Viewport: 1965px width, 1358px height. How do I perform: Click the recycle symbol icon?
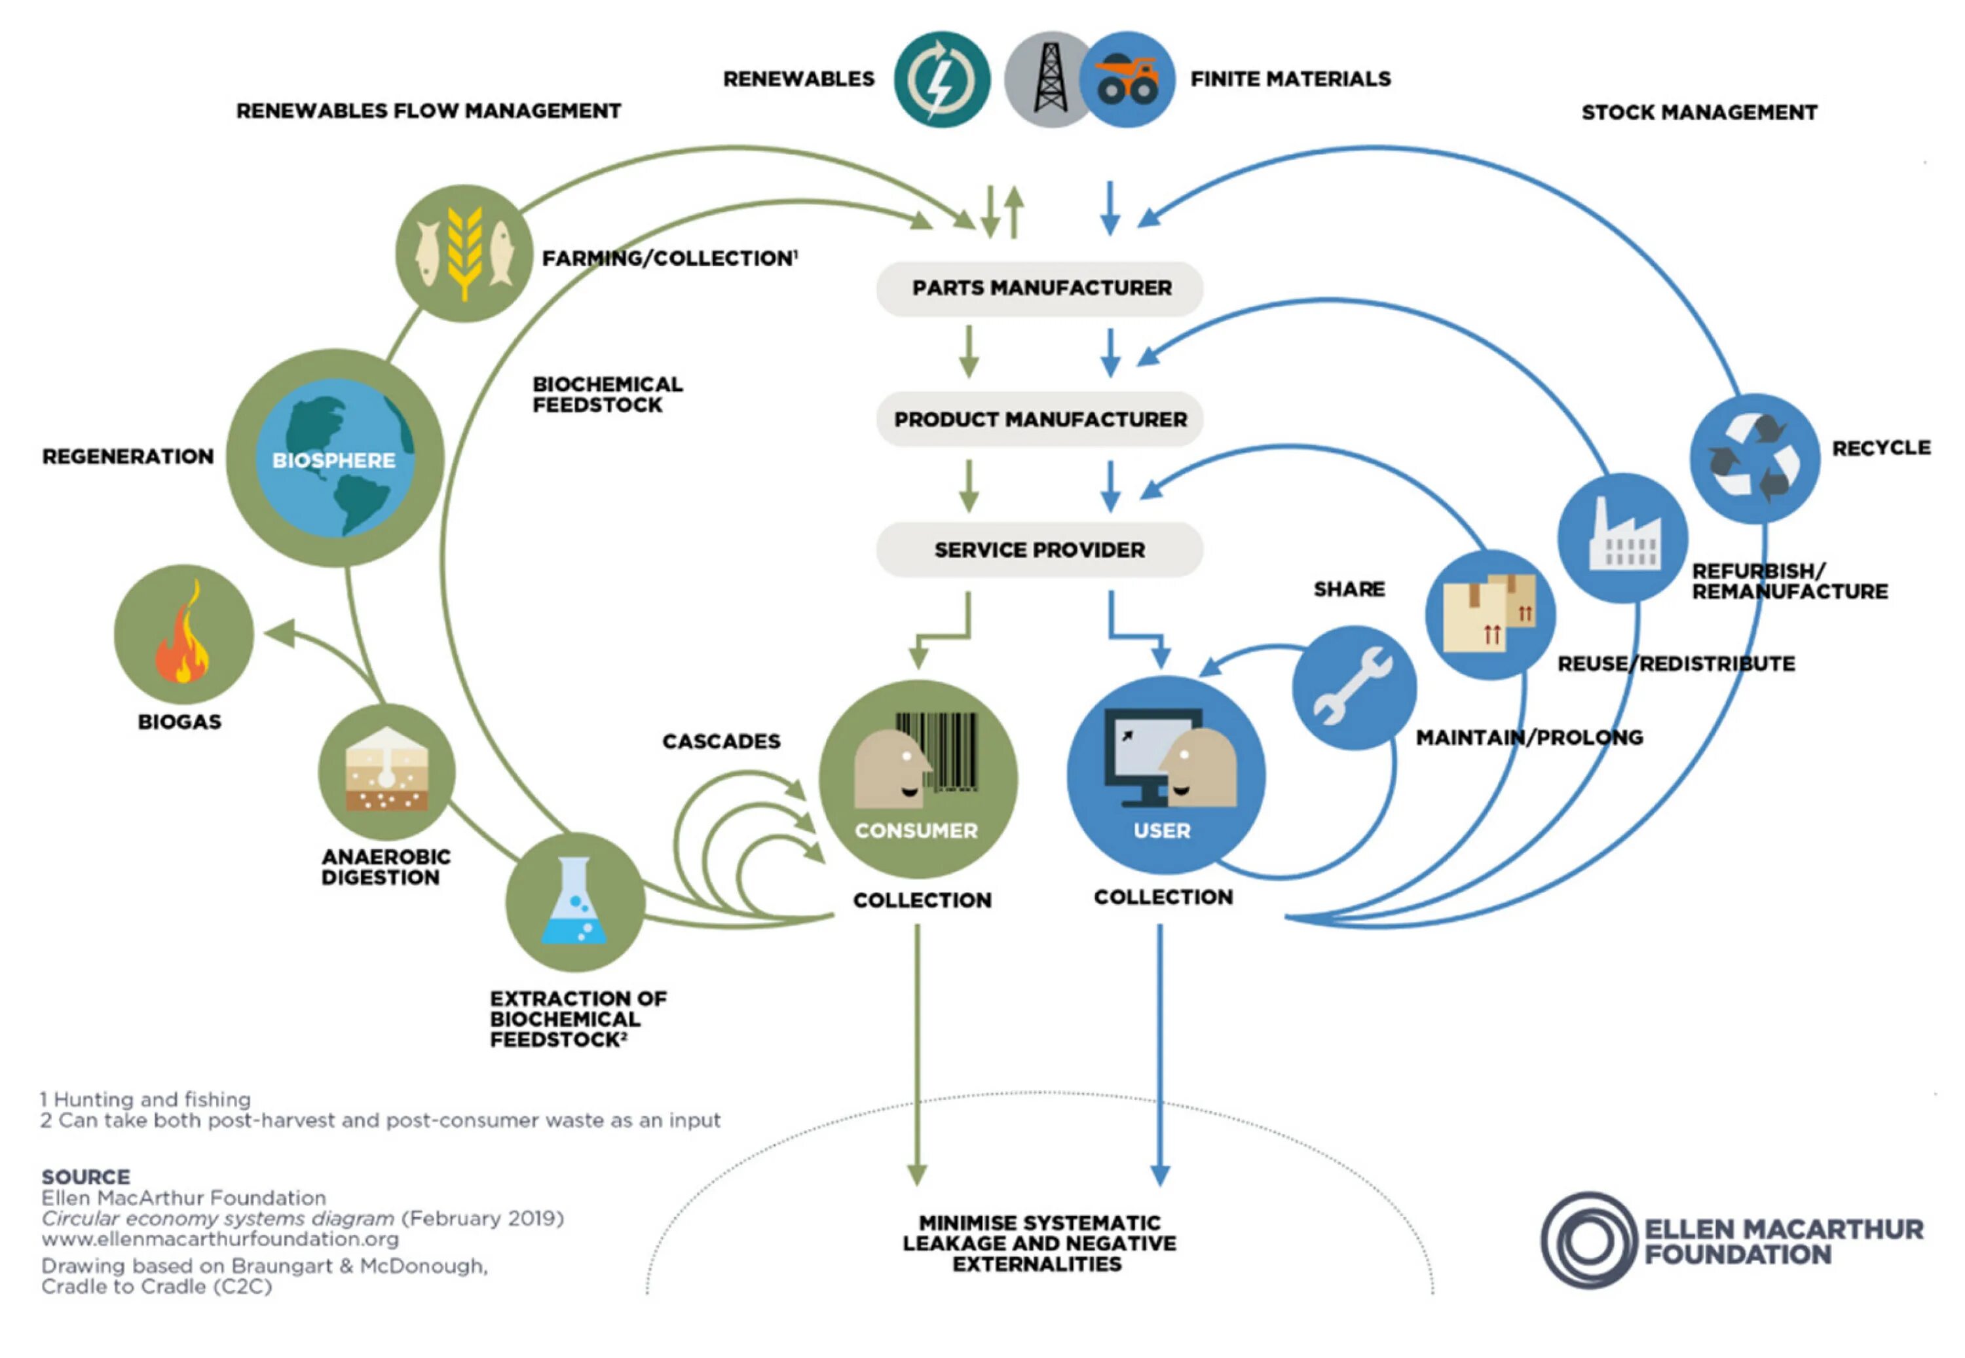coord(1755,458)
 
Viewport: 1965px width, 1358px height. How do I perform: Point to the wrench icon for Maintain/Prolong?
coord(1353,688)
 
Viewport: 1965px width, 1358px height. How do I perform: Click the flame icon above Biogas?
coord(183,634)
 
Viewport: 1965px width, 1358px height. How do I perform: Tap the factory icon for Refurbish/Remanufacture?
coord(1623,538)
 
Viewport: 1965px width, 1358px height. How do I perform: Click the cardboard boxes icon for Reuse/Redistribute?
coord(1490,614)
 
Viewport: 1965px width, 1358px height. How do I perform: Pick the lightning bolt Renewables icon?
coord(941,79)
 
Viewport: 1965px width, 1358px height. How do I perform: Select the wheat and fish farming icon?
coord(464,253)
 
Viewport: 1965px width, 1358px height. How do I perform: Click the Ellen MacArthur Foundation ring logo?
coord(1588,1241)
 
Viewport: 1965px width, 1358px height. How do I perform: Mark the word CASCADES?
coord(720,741)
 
